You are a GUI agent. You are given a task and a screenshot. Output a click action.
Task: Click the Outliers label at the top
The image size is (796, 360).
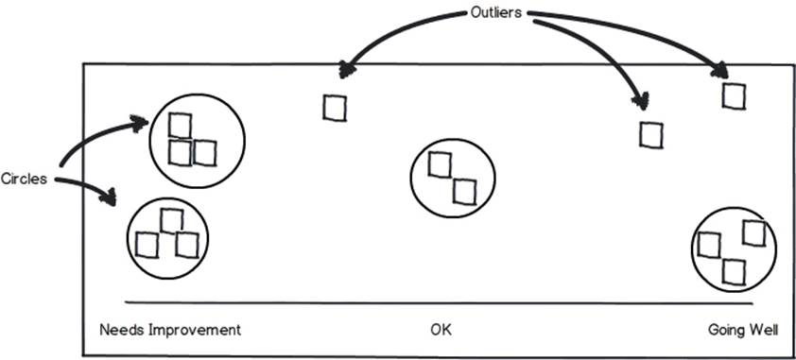[496, 13]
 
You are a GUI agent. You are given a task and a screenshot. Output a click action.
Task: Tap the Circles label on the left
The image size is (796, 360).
[24, 179]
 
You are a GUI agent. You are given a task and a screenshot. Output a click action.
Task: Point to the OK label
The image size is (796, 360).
[441, 331]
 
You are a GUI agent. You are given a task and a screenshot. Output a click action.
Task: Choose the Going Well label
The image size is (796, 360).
[742, 331]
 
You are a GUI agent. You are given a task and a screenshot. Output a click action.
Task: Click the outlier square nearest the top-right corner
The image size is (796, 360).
[734, 96]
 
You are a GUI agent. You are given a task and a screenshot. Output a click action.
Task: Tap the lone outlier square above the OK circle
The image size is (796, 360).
[335, 108]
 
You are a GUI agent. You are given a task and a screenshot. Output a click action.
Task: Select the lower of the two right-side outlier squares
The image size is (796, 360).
[650, 135]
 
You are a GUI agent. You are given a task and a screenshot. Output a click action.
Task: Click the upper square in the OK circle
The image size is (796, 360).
[440, 164]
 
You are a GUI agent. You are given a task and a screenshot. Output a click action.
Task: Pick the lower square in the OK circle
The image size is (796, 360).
[464, 192]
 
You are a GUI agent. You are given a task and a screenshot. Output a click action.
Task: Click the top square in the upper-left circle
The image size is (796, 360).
[180, 126]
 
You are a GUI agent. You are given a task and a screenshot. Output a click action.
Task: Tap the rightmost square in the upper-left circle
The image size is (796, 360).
[205, 153]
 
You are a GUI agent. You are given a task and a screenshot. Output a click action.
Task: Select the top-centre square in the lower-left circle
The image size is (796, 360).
[172, 221]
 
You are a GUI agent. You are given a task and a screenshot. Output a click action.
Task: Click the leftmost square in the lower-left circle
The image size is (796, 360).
[147, 245]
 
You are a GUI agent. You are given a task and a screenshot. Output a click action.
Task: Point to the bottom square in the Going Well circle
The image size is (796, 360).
[734, 272]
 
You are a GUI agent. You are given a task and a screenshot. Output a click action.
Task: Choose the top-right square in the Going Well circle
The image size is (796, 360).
[753, 233]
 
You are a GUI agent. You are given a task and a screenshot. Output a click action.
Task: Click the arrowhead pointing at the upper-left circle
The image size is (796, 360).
[139, 124]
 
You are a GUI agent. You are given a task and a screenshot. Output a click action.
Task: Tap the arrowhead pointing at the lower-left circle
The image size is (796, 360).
[108, 197]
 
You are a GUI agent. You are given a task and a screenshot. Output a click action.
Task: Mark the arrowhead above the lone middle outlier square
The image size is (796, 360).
[347, 70]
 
